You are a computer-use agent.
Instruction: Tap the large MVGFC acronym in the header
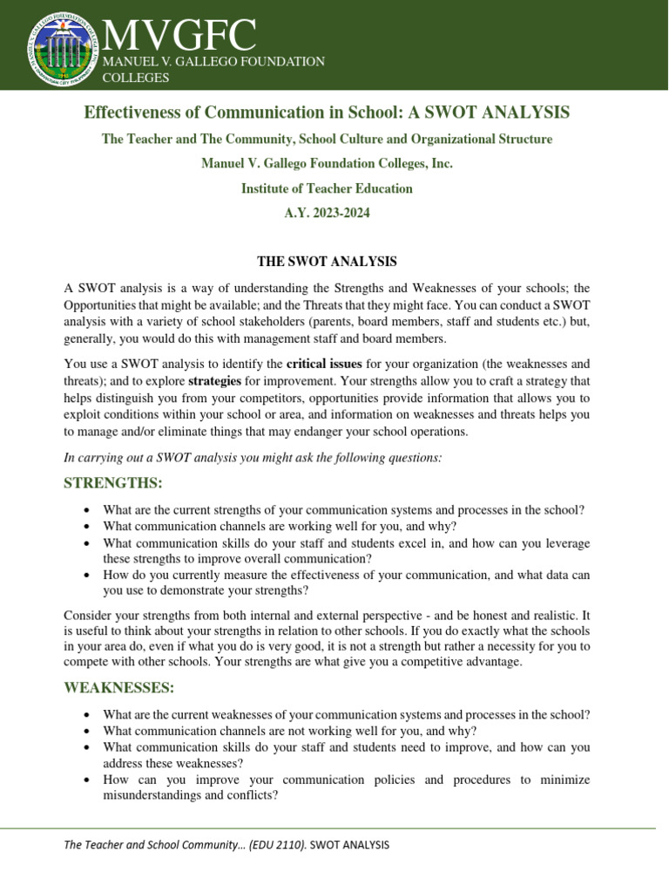click(x=179, y=35)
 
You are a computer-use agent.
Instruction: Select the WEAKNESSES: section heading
click(x=119, y=688)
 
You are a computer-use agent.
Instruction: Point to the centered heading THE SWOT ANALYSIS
click(x=327, y=262)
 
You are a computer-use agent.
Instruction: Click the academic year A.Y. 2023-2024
click(x=327, y=213)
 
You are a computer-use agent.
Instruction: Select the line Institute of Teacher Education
click(x=327, y=188)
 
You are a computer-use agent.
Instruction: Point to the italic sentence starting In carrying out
click(x=253, y=457)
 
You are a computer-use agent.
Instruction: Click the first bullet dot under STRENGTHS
click(x=85, y=510)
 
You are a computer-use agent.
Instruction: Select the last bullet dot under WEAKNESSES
click(x=85, y=780)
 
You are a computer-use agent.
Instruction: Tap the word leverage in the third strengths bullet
click(x=564, y=543)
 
